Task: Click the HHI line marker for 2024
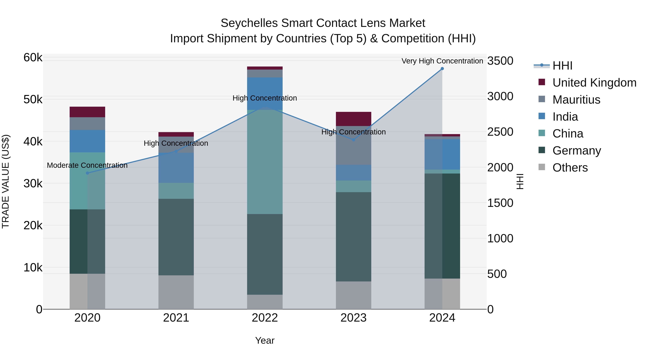coord(442,69)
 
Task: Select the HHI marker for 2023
coord(354,140)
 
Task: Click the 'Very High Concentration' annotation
coord(442,61)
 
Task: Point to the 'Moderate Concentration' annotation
coord(87,165)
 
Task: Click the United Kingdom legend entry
coord(594,83)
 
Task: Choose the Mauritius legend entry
coord(576,100)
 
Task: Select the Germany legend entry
coord(577,151)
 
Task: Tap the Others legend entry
coord(570,168)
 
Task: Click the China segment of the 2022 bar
coord(265,162)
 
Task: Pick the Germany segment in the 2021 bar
coord(176,237)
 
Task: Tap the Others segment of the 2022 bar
coord(265,302)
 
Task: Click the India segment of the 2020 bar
coord(87,141)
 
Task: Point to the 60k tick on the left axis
coord(33,58)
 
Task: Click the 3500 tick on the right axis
coord(500,61)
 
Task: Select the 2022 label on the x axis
coord(265,318)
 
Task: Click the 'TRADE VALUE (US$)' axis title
coord(6,181)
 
